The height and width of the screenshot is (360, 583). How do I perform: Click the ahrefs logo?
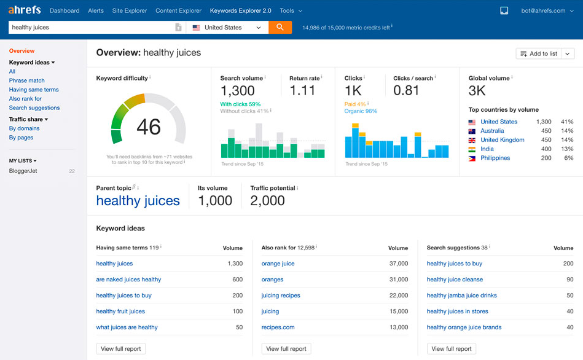[25, 10]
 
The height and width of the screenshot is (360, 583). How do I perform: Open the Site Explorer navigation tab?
[130, 11]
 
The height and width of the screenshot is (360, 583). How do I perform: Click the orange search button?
[280, 27]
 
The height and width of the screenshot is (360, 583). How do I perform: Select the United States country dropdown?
[227, 27]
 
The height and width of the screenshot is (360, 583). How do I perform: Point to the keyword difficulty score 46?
[149, 127]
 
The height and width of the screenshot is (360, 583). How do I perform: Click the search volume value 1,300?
[237, 91]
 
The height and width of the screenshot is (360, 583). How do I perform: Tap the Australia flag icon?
[472, 131]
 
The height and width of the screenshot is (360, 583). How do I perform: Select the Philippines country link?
[495, 158]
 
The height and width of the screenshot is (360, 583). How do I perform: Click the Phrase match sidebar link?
[27, 80]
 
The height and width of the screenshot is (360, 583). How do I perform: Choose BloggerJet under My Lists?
[23, 171]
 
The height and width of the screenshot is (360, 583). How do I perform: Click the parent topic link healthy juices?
[138, 201]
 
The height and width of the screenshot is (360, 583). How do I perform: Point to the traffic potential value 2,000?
[267, 201]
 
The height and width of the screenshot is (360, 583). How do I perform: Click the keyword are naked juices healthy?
[128, 280]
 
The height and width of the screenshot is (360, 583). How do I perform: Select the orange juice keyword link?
[278, 264]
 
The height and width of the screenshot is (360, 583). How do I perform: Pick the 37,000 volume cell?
[398, 264]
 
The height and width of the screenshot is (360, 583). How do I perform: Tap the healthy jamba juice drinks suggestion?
[461, 295]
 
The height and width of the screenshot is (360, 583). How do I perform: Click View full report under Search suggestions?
[452, 349]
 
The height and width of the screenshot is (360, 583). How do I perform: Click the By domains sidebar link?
[25, 128]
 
